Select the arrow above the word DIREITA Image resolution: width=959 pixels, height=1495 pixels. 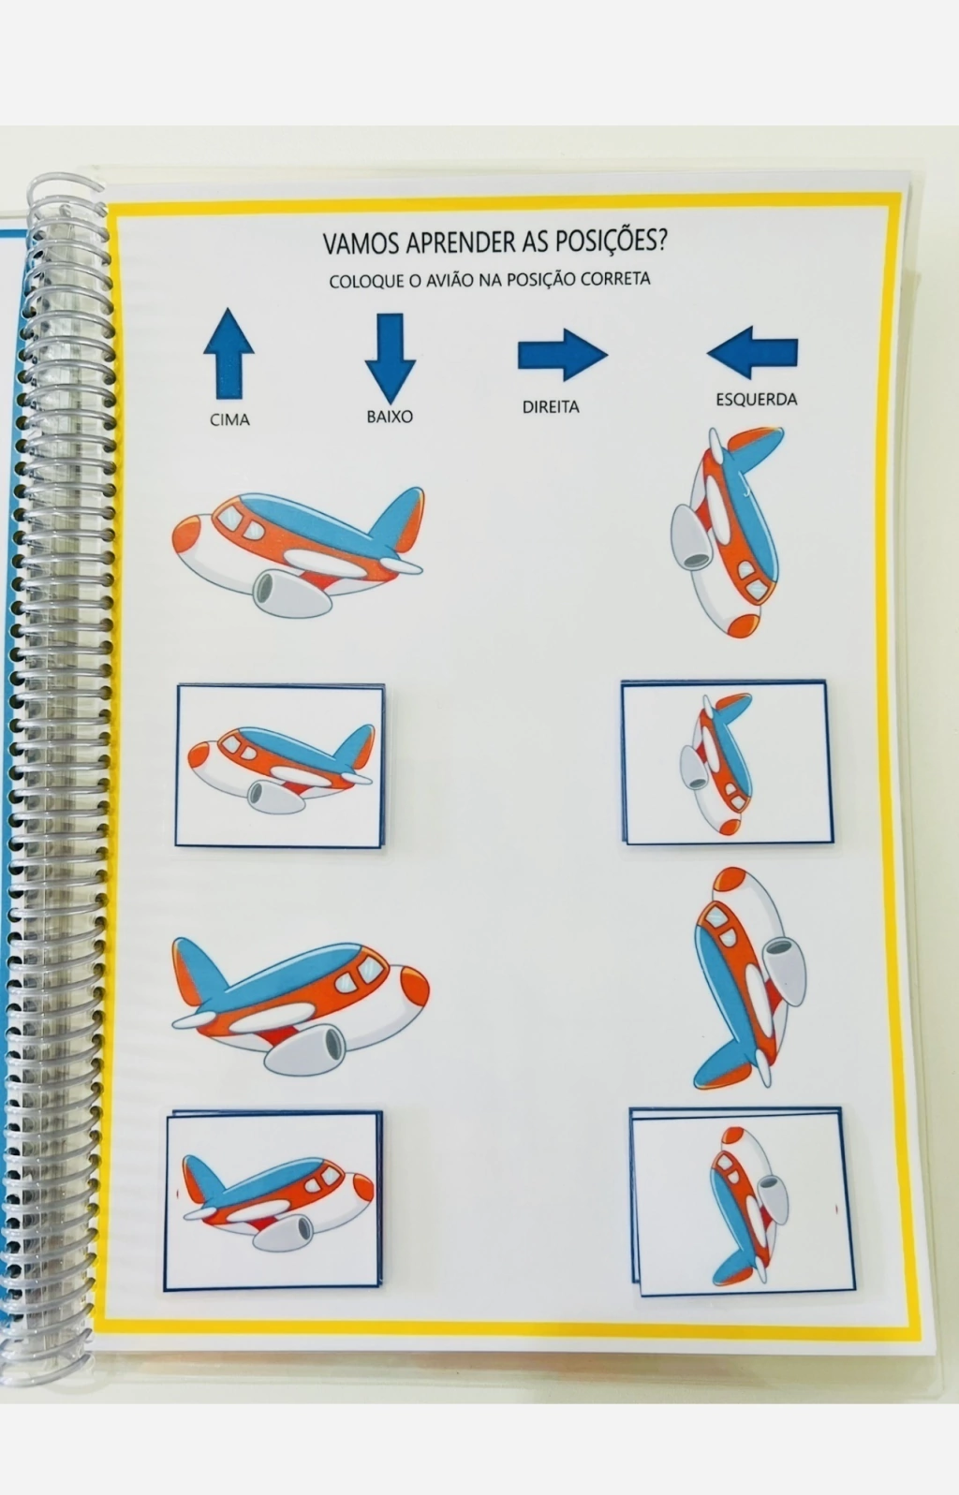click(562, 355)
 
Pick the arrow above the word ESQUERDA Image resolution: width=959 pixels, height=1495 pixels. click(752, 352)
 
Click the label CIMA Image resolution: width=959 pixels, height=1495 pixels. click(229, 419)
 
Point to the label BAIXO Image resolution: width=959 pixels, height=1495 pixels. click(390, 417)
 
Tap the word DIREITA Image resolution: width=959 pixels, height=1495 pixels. click(551, 406)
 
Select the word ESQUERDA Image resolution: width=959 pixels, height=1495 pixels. click(757, 399)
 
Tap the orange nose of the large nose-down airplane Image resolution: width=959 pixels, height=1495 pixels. click(743, 625)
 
